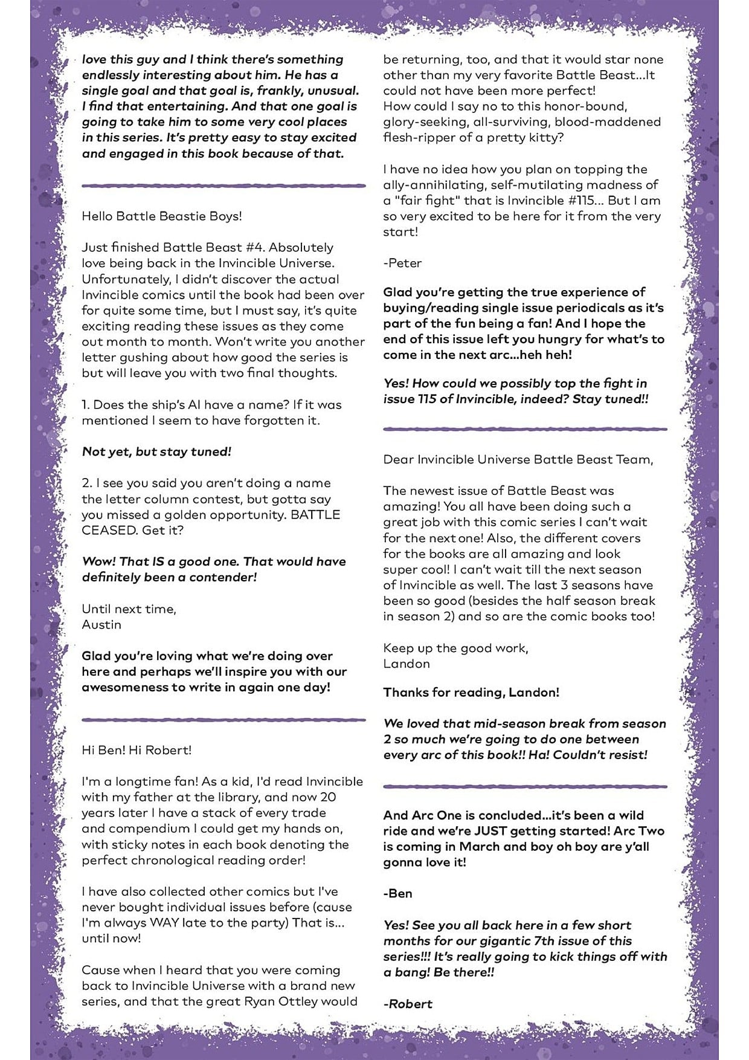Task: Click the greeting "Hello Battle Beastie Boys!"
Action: (x=162, y=216)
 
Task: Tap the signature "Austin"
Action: (x=101, y=625)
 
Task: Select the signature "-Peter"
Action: (x=402, y=263)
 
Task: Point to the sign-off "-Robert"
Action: (x=408, y=1004)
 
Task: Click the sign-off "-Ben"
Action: (x=397, y=894)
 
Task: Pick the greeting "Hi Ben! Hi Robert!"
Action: (x=137, y=750)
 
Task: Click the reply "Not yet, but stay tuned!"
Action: (x=156, y=452)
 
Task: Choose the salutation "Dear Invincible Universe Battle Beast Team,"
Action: (x=518, y=459)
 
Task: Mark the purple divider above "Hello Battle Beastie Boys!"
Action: (x=223, y=186)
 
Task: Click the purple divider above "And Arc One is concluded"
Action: (x=525, y=787)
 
